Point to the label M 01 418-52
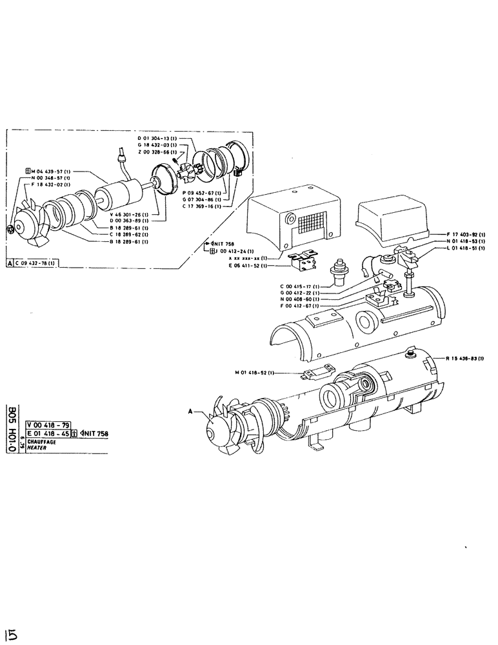point(255,372)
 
